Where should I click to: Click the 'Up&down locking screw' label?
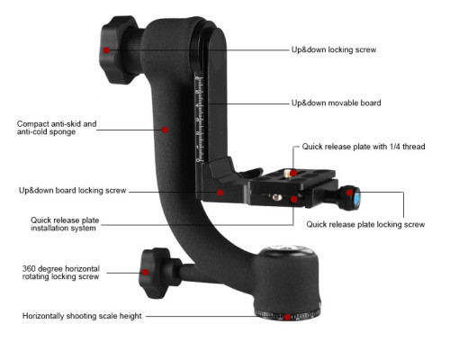click(334, 49)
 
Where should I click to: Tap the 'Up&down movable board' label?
click(336, 103)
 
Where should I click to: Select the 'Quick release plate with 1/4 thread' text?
click(364, 147)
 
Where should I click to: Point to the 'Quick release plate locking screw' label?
click(365, 224)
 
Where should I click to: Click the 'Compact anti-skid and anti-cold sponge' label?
click(57, 128)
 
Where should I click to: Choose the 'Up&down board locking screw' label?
click(72, 191)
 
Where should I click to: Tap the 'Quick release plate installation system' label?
click(65, 224)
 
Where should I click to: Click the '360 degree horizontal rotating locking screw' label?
click(61, 273)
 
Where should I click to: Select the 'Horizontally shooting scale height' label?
click(82, 316)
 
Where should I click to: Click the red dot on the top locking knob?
click(106, 50)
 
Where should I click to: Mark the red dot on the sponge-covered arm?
click(165, 130)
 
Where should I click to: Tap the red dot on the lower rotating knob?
click(145, 272)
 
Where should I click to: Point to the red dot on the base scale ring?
click(287, 317)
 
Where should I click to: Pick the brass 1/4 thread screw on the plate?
click(287, 173)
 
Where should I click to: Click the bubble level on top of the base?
click(285, 248)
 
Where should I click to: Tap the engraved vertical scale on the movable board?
click(199, 119)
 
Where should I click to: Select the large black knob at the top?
click(116, 49)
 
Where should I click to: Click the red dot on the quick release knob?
click(349, 193)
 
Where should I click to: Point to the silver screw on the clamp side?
click(277, 197)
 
